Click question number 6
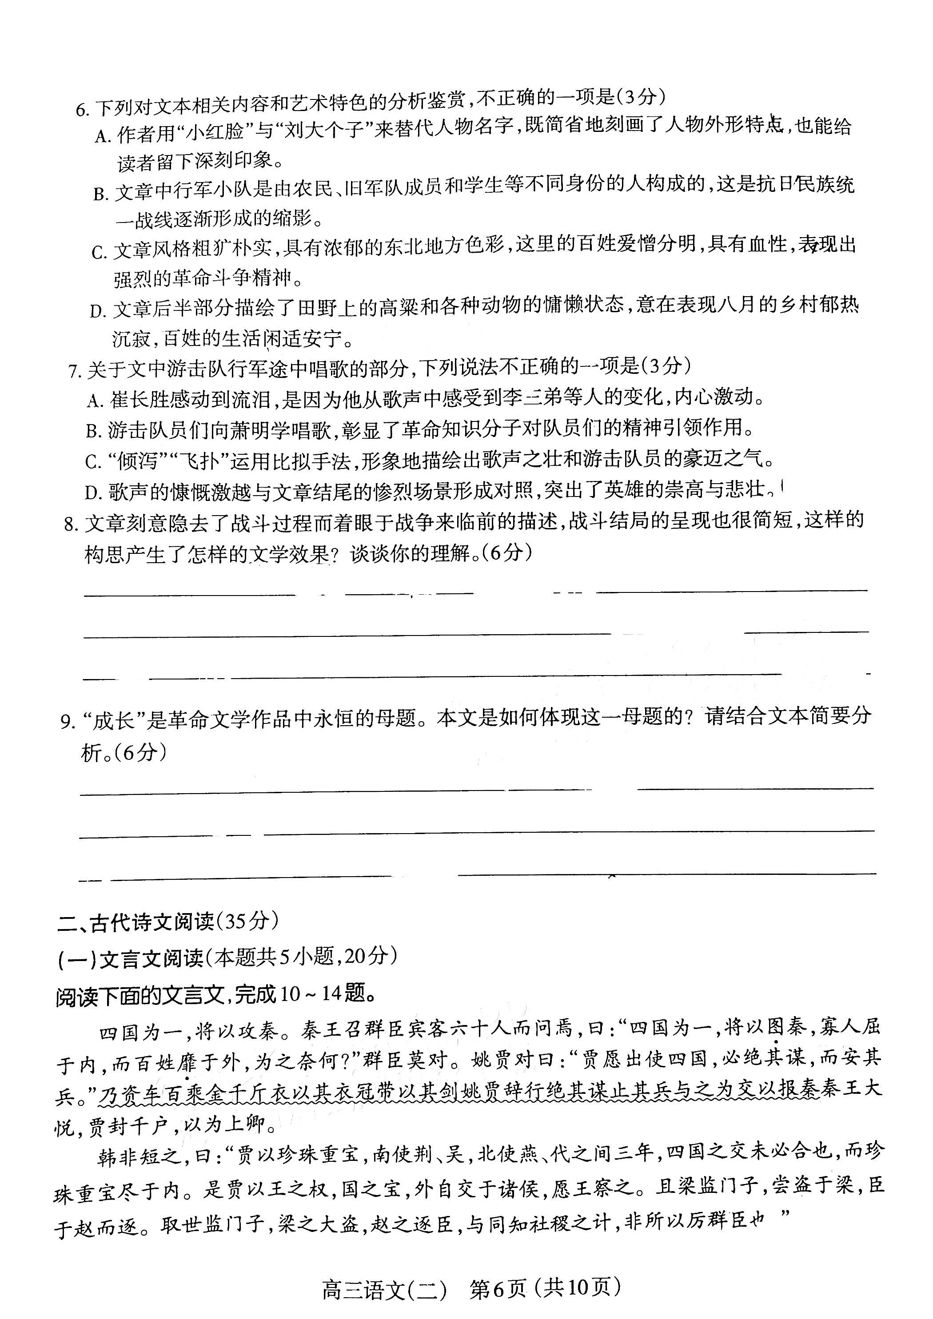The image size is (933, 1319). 82,109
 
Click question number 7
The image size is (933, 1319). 75,372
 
